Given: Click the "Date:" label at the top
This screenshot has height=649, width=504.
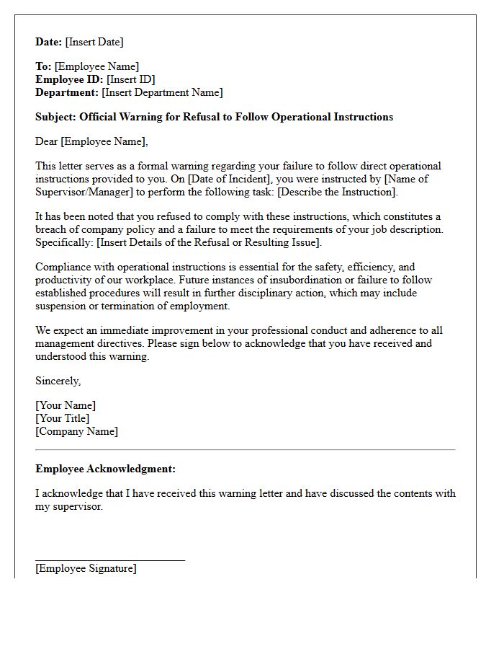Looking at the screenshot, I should (x=49, y=42).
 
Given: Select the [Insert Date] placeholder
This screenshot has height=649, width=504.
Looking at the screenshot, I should (x=95, y=42).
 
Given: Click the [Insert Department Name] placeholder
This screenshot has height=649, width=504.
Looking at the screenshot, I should (x=162, y=92).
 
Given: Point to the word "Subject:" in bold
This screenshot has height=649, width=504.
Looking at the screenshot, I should (x=56, y=117).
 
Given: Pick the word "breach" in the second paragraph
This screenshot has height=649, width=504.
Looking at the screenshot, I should (x=53, y=229).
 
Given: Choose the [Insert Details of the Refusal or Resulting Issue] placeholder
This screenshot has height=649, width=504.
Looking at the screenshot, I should (x=208, y=242).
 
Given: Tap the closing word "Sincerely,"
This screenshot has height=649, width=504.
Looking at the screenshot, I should (x=58, y=381).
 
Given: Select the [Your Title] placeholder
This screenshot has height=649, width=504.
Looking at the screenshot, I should (x=63, y=418).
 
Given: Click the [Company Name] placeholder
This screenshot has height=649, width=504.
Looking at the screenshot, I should (x=77, y=431).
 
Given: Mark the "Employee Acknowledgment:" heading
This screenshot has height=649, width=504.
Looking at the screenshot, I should (x=105, y=469).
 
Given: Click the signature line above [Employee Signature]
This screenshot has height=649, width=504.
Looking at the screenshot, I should (x=110, y=560).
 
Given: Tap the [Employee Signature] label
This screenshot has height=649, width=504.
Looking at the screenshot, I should (x=86, y=568).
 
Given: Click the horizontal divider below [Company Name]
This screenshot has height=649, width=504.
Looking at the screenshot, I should (x=246, y=450).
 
